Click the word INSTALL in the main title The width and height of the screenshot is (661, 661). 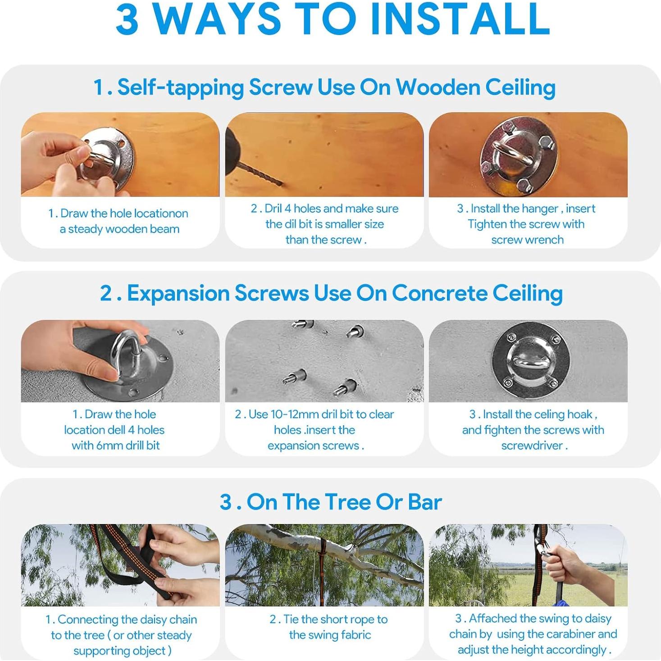460,19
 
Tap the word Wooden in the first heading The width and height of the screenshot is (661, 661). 438,87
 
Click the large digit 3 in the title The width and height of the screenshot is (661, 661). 128,19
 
